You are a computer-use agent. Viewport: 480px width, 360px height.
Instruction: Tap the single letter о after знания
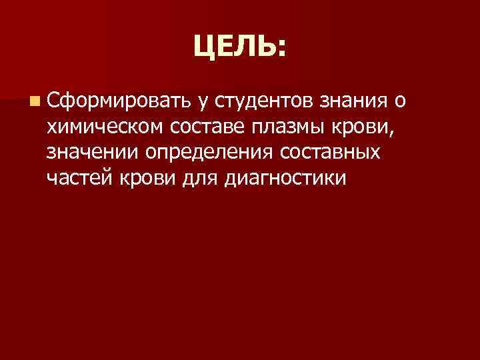[399, 102]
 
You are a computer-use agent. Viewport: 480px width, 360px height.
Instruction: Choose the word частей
[75, 179]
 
